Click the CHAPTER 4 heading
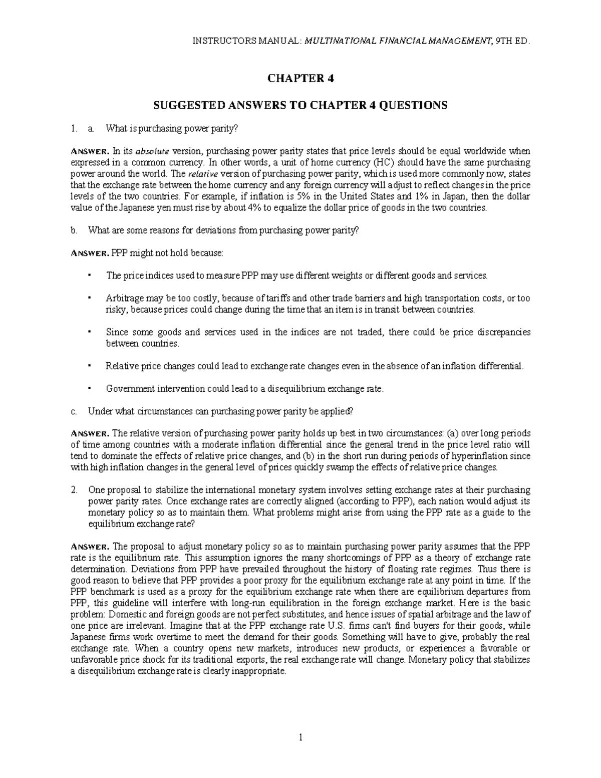tap(300, 78)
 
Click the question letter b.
tap(74, 230)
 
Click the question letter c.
tap(74, 411)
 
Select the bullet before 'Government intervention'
tap(88, 388)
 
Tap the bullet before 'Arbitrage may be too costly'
tap(88, 298)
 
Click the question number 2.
tap(74, 490)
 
